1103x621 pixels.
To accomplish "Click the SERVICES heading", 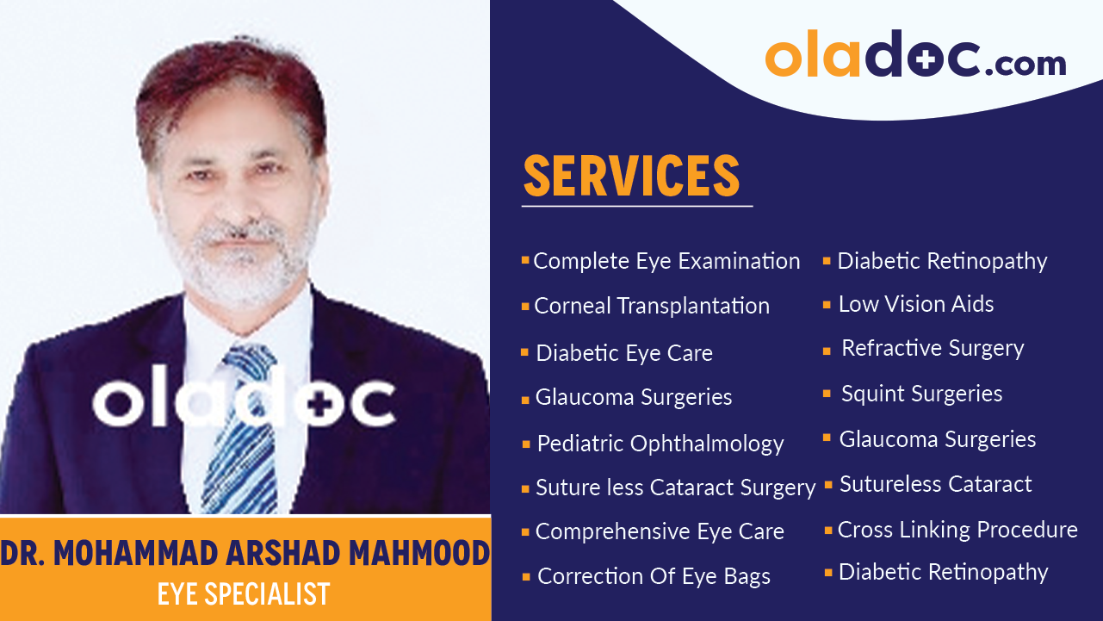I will click(632, 177).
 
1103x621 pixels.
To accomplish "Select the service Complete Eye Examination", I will click(666, 261).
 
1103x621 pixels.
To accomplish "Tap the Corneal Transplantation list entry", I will click(651, 306).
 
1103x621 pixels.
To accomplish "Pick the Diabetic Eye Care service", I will click(623, 353).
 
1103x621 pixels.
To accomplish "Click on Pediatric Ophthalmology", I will click(660, 444).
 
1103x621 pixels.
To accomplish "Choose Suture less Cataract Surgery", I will click(675, 487).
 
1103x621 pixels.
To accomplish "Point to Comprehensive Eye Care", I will click(660, 531).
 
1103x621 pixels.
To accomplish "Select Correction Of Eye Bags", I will click(654, 576).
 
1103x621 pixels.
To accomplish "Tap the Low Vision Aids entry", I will click(915, 304).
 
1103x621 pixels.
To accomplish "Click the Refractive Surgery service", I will click(932, 348).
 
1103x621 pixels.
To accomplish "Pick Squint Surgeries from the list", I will click(921, 394).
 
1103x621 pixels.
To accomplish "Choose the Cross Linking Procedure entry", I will click(957, 529).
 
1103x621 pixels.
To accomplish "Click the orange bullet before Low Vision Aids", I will click(827, 304).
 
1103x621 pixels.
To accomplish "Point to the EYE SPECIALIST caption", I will click(244, 593).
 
